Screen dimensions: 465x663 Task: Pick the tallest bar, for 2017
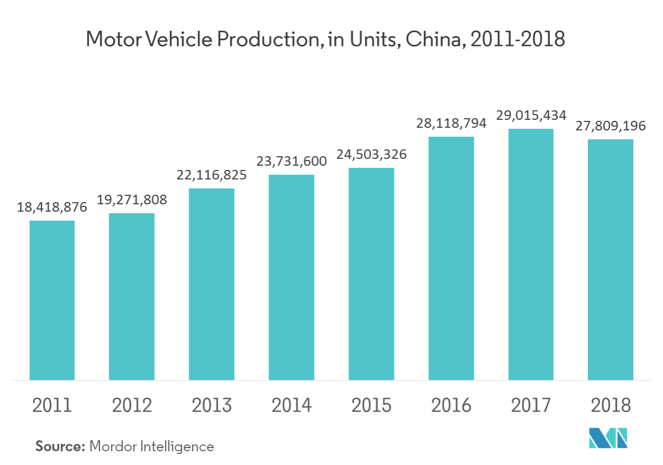531,254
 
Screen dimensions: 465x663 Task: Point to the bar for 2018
610,259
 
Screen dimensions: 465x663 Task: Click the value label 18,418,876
52,207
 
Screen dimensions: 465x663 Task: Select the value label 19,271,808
132,200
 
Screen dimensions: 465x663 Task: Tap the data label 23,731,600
291,162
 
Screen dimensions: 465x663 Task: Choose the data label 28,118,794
451,123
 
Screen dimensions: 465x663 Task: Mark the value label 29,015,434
531,115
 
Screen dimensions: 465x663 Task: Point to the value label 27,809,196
610,126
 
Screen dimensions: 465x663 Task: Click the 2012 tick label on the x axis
132,405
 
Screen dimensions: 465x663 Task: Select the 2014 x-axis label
291,405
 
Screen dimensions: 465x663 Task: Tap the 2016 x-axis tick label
451,405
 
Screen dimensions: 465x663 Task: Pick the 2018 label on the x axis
611,405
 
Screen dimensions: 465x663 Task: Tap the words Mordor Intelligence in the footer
152,447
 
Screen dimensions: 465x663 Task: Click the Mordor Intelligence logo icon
608,437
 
